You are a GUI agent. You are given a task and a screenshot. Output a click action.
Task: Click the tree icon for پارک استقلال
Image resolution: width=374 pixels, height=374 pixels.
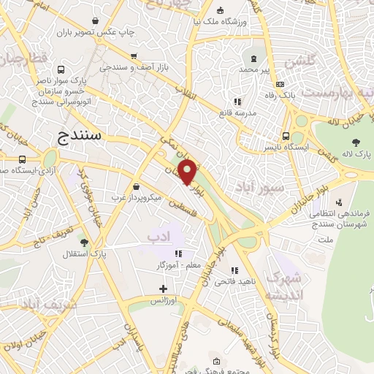[x=84, y=242]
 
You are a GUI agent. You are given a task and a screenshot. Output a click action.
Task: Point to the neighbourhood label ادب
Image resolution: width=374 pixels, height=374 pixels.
[x=158, y=237]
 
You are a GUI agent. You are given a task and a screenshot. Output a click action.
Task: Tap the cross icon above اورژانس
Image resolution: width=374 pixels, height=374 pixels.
[x=163, y=289]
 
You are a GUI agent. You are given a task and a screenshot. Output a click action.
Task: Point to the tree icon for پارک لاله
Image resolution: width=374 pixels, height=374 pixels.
[x=356, y=142]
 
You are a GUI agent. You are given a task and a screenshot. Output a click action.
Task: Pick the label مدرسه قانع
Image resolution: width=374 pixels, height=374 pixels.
[x=237, y=113]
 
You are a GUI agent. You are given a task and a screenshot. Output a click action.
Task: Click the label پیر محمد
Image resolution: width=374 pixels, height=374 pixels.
[x=253, y=69]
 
